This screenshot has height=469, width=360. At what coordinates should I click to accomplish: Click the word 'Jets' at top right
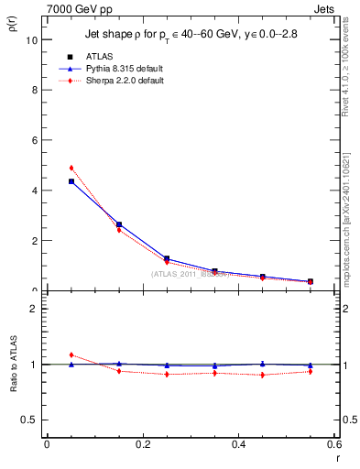tap(326, 8)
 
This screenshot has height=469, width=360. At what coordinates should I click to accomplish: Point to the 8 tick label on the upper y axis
tap(34, 91)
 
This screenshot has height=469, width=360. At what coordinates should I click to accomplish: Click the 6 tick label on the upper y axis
tap(34, 140)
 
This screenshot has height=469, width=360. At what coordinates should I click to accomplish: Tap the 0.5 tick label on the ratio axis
tap(29, 420)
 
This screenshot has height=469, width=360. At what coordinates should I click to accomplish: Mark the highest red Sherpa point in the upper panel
tap(71, 169)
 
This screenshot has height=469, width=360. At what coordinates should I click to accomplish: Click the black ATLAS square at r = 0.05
tap(71, 181)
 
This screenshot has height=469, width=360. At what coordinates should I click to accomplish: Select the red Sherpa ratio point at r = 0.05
tap(71, 354)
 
